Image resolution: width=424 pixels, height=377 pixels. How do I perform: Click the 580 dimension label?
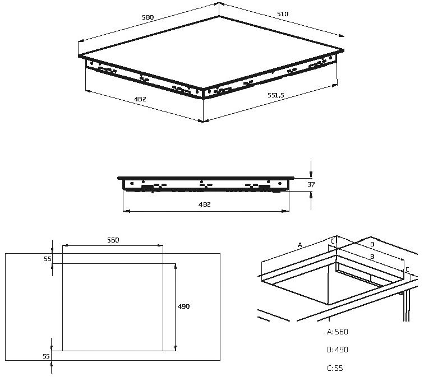pos(148,18)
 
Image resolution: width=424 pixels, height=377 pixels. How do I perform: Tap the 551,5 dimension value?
pos(275,96)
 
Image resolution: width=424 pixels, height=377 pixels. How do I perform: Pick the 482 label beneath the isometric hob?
pos(140,99)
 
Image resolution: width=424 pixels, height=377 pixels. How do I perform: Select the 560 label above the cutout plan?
pos(113,240)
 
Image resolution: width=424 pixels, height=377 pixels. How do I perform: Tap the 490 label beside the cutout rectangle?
pos(184,306)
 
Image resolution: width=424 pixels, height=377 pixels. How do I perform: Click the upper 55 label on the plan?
pos(47,259)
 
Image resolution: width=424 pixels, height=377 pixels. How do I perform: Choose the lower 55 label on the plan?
pos(46,356)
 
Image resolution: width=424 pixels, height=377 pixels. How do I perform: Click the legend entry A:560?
pos(338,332)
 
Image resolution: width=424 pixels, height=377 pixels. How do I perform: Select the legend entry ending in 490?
pos(338,350)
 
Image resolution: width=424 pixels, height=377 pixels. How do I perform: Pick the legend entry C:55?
pos(335,368)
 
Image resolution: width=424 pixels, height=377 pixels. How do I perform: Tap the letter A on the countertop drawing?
pos(299,245)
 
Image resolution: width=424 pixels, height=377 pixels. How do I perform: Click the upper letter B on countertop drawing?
pos(371,245)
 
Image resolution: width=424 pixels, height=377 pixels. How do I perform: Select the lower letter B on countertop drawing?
pos(371,257)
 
